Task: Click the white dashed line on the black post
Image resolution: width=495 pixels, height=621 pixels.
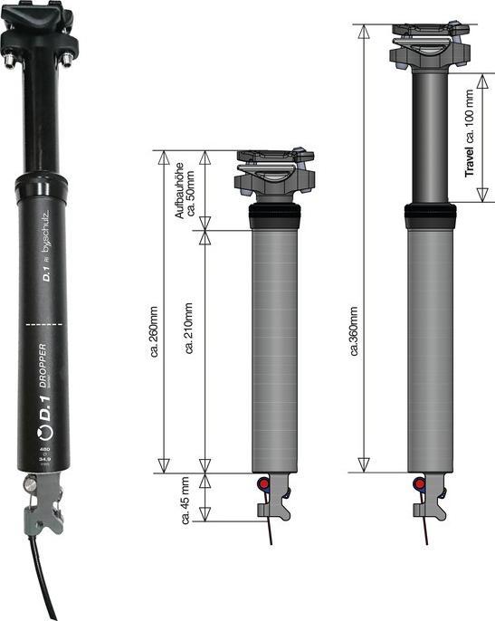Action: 43,322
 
